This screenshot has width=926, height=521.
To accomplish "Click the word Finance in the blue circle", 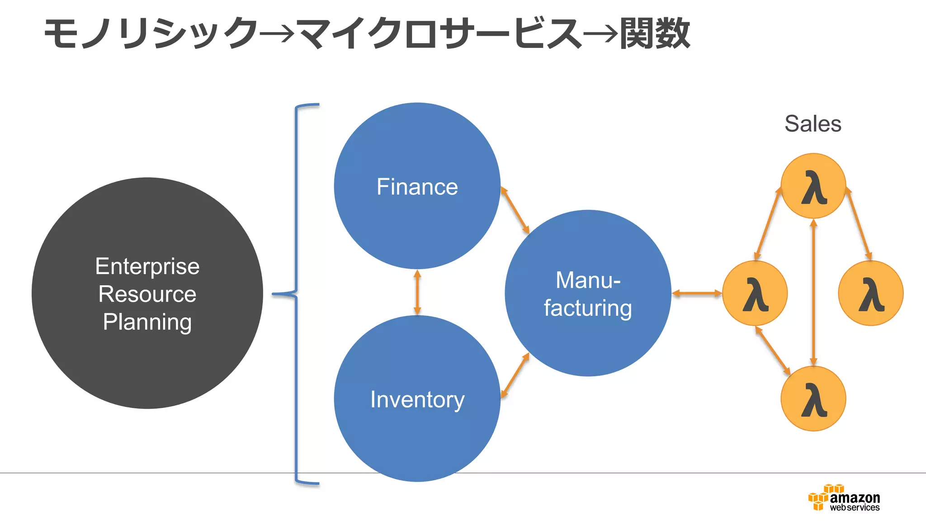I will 417,187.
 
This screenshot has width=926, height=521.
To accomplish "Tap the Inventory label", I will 417,400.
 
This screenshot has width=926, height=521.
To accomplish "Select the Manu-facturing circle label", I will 588,294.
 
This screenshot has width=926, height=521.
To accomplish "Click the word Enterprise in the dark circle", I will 147,266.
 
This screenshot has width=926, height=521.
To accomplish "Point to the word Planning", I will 147,322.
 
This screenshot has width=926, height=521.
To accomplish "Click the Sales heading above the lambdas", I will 813,123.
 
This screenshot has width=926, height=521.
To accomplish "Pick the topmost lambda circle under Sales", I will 813,186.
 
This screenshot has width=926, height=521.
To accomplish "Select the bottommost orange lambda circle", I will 813,398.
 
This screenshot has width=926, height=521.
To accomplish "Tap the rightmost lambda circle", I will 870,293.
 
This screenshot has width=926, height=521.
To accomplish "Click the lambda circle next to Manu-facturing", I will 755,293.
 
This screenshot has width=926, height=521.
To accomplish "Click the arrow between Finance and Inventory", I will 417,292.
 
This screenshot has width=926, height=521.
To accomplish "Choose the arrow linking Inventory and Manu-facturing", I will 515,376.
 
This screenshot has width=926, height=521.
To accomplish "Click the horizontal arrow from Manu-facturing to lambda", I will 697,293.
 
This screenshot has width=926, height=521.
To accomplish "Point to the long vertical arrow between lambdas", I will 813,292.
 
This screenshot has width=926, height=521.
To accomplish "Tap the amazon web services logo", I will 844,498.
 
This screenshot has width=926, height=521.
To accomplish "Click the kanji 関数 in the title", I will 655,33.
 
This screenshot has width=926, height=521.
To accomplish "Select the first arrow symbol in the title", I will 277,33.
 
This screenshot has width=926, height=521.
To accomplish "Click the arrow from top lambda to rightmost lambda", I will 858,223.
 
